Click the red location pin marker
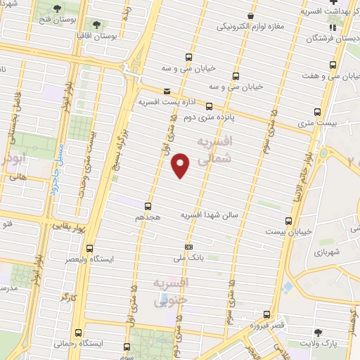click(x=180, y=165)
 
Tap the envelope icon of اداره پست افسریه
click(x=167, y=91)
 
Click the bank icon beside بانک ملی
click(x=188, y=247)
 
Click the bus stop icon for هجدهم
click(x=148, y=206)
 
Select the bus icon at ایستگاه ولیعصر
click(x=89, y=247)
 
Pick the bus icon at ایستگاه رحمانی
click(x=78, y=331)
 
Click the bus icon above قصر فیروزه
click(x=266, y=314)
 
